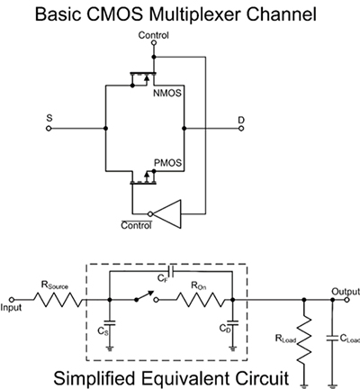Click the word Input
[x=13, y=307]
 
